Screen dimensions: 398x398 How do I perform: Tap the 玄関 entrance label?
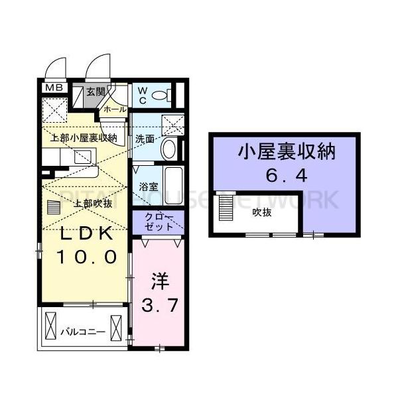[96, 92]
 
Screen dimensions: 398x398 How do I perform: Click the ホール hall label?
[114, 109]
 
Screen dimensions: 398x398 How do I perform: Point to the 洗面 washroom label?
[145, 139]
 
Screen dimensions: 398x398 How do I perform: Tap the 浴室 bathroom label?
[147, 188]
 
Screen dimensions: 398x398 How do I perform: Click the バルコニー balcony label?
[83, 330]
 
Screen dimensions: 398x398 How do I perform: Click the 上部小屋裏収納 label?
[84, 139]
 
